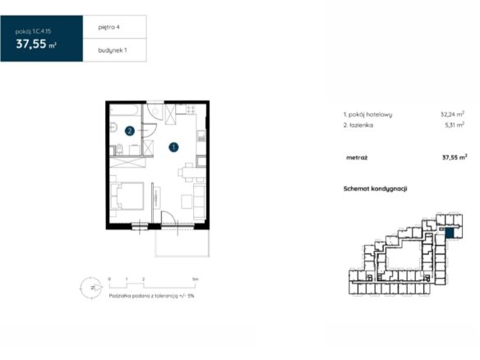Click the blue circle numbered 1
[173, 147]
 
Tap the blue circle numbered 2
[130, 131]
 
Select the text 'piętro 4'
[108, 27]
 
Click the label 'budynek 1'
[113, 50]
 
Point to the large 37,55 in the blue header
[31, 44]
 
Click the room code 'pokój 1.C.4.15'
[33, 31]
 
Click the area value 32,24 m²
[452, 114]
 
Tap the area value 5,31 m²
[455, 125]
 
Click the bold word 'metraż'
[357, 158]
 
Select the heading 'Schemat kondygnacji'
[376, 188]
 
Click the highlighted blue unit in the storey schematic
[449, 233]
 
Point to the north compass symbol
[91, 288]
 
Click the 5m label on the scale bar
[196, 279]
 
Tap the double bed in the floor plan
[127, 196]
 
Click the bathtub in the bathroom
[126, 110]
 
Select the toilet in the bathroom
[119, 149]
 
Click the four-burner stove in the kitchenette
[191, 109]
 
